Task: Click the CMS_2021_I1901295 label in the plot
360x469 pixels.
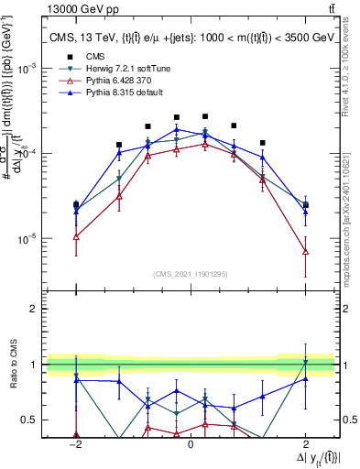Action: [x=191, y=274]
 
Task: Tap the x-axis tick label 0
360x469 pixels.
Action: [x=191, y=442]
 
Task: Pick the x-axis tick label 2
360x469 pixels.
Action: [x=306, y=442]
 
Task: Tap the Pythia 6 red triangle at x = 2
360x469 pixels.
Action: [x=306, y=251]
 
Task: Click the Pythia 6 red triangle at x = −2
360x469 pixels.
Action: [x=76, y=236]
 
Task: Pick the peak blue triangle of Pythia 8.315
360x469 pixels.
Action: [x=177, y=129]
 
